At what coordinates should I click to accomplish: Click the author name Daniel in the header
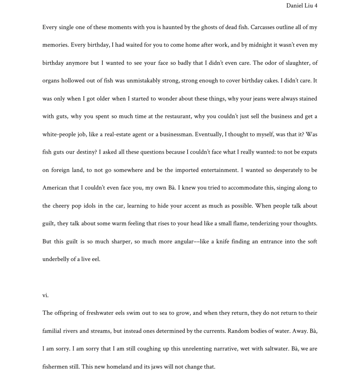(x=295, y=6)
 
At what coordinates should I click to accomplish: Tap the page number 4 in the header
(x=315, y=6)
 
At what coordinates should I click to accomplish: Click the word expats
(x=309, y=152)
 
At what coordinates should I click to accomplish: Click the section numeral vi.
(x=45, y=295)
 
